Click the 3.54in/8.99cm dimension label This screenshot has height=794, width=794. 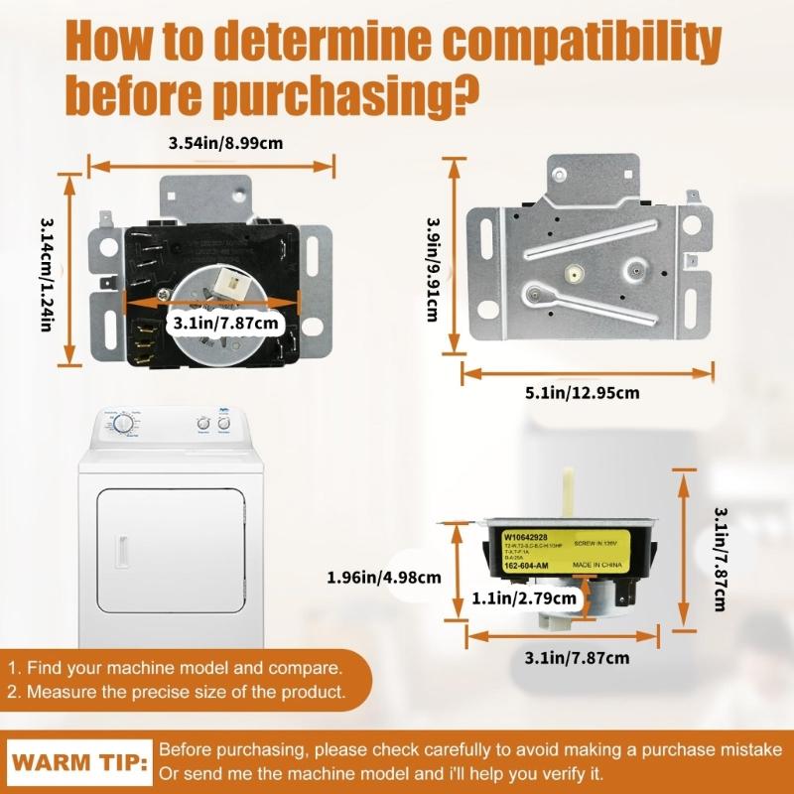coord(226,143)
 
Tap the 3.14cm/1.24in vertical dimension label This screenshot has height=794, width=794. coord(46,274)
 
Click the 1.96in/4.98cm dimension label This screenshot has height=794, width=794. coord(384,576)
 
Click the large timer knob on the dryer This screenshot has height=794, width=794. coord(124,424)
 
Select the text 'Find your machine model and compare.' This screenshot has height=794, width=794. coord(184,668)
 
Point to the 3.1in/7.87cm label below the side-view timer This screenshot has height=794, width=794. coord(577,657)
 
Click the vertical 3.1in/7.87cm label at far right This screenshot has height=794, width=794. coord(724,556)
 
